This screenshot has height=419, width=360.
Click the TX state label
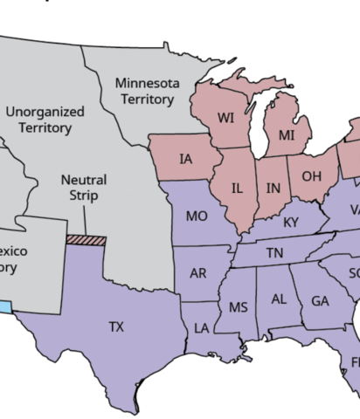click(x=116, y=326)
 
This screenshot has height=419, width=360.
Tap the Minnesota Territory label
click(x=148, y=91)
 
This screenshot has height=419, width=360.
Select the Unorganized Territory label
click(x=45, y=120)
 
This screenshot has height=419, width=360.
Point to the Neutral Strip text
click(x=84, y=188)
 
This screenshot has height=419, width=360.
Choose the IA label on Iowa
click(x=185, y=159)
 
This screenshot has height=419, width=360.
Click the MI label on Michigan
click(x=287, y=136)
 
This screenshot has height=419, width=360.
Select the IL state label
click(x=238, y=188)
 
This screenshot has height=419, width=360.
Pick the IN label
click(x=273, y=188)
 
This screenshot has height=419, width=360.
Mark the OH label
click(x=312, y=176)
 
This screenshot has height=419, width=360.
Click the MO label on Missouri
click(x=197, y=216)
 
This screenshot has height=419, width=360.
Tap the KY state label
click(x=291, y=223)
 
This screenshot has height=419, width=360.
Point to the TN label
click(x=274, y=253)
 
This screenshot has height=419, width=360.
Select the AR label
click(x=198, y=273)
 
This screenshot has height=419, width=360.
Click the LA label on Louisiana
click(x=202, y=328)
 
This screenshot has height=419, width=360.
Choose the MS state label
click(x=238, y=307)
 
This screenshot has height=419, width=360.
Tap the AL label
click(x=279, y=299)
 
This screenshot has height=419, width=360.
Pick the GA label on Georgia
click(x=320, y=301)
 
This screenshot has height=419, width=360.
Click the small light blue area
click(x=6, y=307)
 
